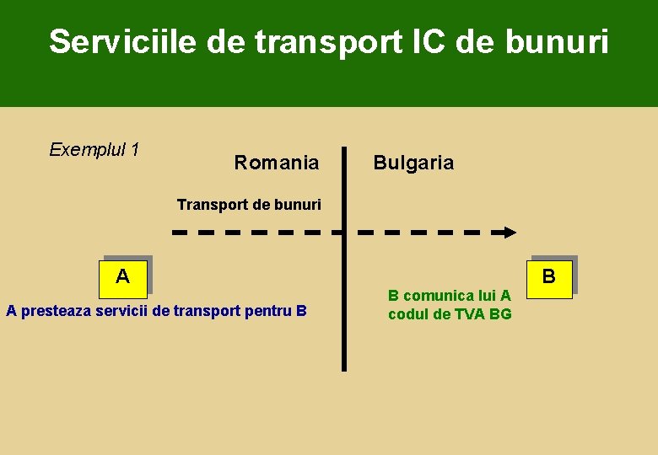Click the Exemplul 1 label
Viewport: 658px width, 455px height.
click(94, 150)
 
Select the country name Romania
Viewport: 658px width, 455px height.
click(277, 163)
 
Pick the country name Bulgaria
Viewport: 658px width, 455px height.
click(413, 163)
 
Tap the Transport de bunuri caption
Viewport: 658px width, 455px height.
click(249, 205)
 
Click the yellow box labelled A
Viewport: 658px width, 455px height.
click(123, 276)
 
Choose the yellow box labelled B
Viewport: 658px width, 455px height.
click(549, 276)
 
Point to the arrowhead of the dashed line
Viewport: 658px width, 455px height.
click(509, 232)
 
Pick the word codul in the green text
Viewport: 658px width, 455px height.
click(407, 314)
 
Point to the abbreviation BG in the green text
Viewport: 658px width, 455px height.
click(500, 314)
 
